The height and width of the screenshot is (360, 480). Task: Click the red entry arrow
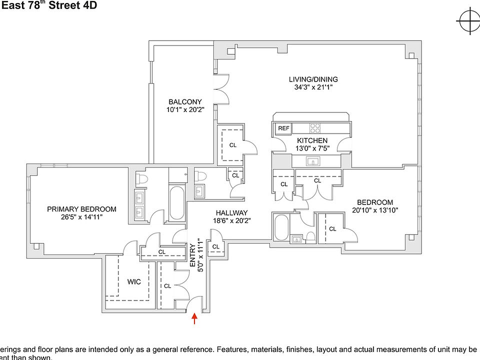pyautogui.click(x=194, y=318)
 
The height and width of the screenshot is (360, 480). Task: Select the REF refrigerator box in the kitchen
pyautogui.click(x=283, y=128)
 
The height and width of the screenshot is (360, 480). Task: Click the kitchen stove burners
pyautogui.click(x=315, y=128)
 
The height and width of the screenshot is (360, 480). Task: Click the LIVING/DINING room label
pyautogui.click(x=313, y=79)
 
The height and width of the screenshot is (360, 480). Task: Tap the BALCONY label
pyautogui.click(x=185, y=102)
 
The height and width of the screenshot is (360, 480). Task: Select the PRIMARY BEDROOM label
pyautogui.click(x=81, y=209)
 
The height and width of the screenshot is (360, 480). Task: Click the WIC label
pyautogui.click(x=134, y=282)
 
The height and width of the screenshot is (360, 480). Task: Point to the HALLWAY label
pyautogui.click(x=231, y=212)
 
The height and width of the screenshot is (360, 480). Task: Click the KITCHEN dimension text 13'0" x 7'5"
pyautogui.click(x=312, y=148)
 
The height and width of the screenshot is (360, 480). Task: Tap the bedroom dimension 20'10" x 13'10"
pyautogui.click(x=374, y=210)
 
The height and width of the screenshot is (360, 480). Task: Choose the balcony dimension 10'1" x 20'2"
pyautogui.click(x=185, y=110)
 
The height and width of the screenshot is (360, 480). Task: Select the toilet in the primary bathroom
pyautogui.click(x=141, y=177)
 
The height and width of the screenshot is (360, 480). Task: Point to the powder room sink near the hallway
pyautogui.click(x=199, y=191)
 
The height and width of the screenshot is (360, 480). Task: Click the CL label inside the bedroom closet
pyautogui.click(x=332, y=229)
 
